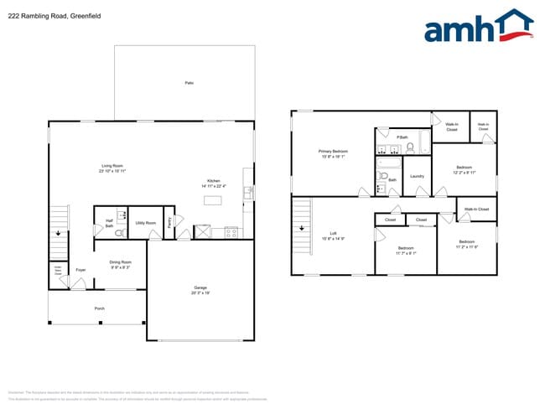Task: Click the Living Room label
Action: point(112,168)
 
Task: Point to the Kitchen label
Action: point(213,184)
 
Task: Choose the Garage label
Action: point(200,290)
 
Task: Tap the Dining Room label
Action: point(120,264)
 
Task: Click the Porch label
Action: point(99,308)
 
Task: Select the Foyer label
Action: point(80,270)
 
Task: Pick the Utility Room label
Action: point(146,222)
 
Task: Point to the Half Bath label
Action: point(110,224)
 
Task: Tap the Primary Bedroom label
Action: point(334,153)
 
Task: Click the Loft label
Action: point(333,236)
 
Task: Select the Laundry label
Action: point(417,176)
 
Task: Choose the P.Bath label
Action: point(402,137)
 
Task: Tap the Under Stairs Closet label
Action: point(56,271)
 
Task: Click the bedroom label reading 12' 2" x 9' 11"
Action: point(464,169)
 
